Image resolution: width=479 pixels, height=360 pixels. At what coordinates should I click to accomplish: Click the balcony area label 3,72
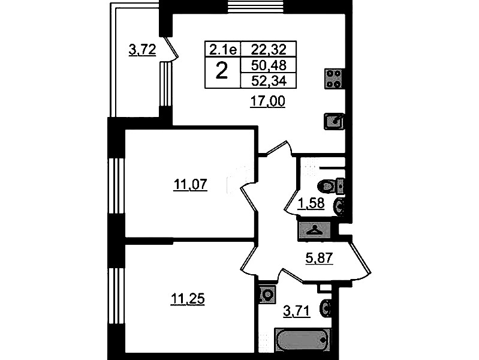click(142, 50)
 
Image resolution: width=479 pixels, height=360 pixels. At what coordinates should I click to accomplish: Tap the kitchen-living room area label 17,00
click(267, 101)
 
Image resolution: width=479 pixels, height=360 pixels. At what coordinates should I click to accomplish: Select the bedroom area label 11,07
click(190, 185)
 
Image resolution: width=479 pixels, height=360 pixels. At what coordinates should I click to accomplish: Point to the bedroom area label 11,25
click(187, 299)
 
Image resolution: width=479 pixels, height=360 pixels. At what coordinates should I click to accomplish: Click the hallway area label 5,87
click(319, 259)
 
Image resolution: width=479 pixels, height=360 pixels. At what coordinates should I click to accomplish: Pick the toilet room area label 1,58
click(311, 203)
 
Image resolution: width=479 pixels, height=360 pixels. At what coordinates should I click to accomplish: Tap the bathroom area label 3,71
click(297, 311)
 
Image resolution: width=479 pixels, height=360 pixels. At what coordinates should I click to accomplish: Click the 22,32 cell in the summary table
click(269, 49)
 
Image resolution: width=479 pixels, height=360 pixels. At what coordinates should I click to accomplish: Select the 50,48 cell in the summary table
click(269, 65)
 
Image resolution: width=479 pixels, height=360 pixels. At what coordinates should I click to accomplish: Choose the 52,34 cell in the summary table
click(269, 81)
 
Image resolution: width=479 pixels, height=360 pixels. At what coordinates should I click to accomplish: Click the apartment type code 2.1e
click(223, 50)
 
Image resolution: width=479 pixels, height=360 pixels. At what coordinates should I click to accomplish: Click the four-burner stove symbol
click(334, 79)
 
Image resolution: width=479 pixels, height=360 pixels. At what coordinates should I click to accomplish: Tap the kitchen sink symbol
click(334, 121)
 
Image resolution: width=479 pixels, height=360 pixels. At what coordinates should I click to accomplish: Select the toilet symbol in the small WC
click(332, 186)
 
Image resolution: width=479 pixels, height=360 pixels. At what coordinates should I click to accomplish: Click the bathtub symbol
click(302, 340)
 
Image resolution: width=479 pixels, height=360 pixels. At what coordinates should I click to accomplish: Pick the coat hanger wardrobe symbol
click(315, 230)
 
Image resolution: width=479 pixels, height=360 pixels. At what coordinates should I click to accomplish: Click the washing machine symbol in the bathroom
click(267, 295)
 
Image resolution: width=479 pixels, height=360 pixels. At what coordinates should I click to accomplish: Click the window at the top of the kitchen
click(256, 6)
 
